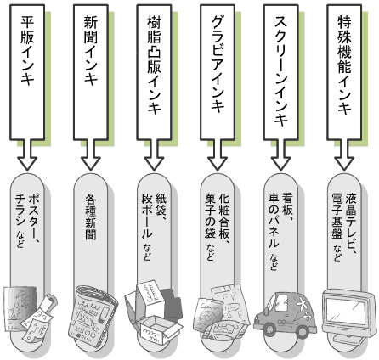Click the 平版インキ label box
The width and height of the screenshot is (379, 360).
coord(27,72)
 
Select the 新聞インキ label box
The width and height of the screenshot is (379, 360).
coord(91,72)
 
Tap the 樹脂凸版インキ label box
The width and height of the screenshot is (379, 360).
coord(155,72)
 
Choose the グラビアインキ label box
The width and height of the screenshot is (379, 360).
coord(218,72)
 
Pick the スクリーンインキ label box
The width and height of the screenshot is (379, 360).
coord(281,72)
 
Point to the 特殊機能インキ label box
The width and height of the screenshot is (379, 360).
coord(344,72)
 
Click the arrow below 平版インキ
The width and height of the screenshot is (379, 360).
coord(27,155)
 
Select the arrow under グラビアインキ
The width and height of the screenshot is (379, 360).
coord(218,155)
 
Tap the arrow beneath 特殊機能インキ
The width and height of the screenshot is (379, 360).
coord(344,155)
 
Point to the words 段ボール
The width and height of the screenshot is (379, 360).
coord(147,216)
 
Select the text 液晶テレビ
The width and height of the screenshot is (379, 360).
coord(351,220)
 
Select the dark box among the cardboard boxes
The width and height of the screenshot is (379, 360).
coord(171,304)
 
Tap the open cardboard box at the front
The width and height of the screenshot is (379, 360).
coord(159,330)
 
